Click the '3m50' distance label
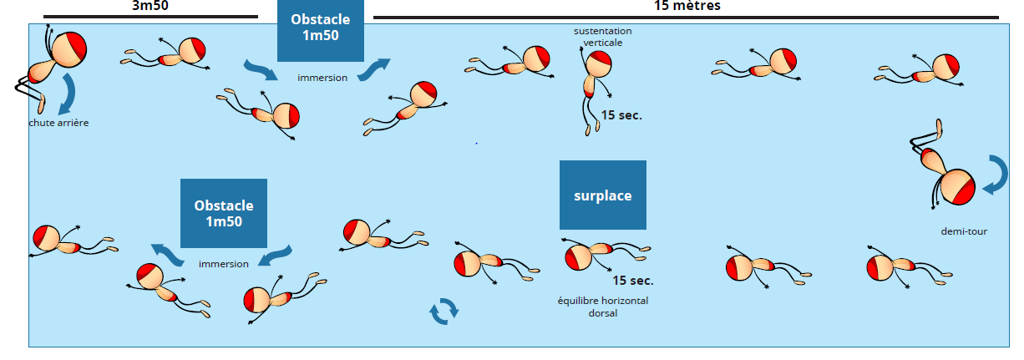[149, 5]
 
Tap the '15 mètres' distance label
[687, 5]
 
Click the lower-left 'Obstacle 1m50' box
[224, 213]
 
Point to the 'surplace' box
[602, 195]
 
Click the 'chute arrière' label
[58, 123]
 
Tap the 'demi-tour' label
[964, 231]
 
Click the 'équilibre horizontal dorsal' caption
[602, 307]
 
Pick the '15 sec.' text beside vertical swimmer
[621, 115]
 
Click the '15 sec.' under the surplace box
[632, 281]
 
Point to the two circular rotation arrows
[444, 311]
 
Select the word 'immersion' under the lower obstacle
[223, 264]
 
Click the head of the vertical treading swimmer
[598, 64]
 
